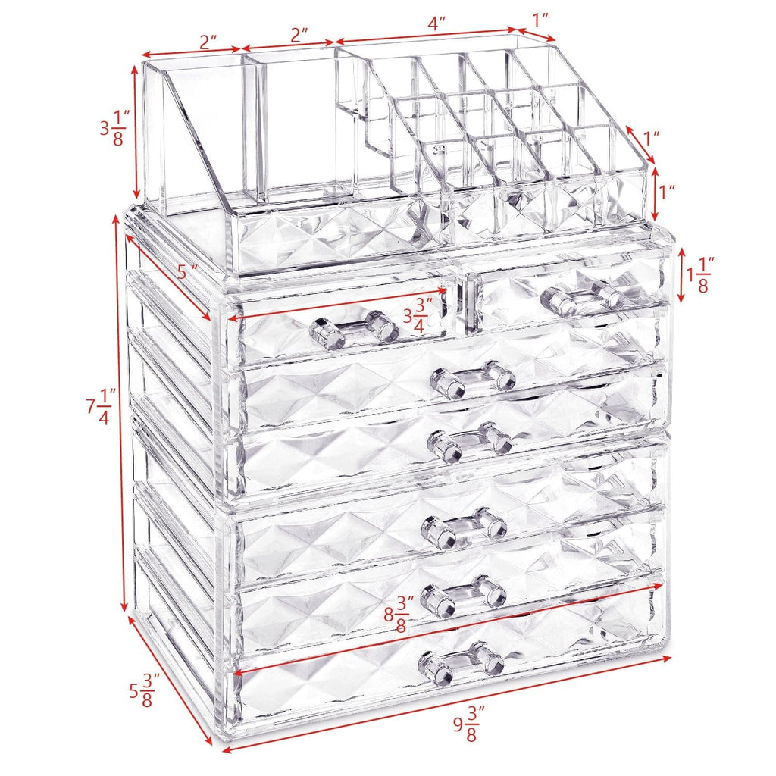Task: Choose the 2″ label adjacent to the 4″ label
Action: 299,35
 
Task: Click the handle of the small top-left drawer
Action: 354,330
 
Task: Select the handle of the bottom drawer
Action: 462,659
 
